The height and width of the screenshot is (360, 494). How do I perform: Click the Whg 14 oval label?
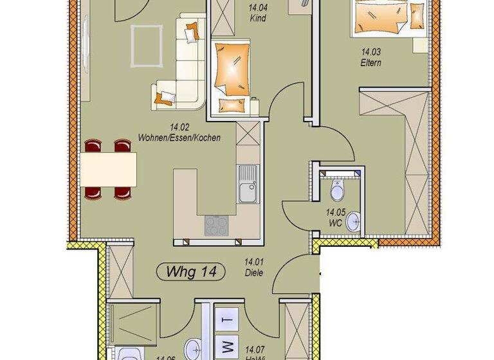[x=190, y=272]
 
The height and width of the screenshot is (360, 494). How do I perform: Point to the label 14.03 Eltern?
[x=371, y=59]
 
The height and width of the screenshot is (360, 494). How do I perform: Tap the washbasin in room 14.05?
[x=353, y=222]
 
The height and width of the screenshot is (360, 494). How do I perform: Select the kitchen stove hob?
[x=215, y=224]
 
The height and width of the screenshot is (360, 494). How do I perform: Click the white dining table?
[x=109, y=168]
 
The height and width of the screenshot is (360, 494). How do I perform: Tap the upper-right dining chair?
[x=122, y=147]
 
